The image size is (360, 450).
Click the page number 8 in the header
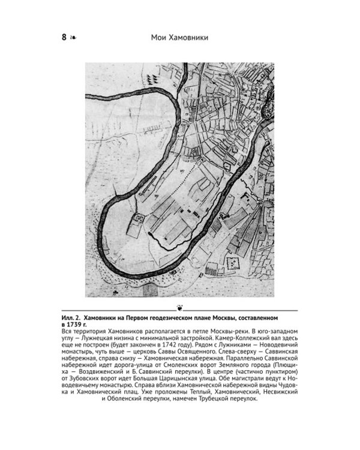[x=63, y=38]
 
